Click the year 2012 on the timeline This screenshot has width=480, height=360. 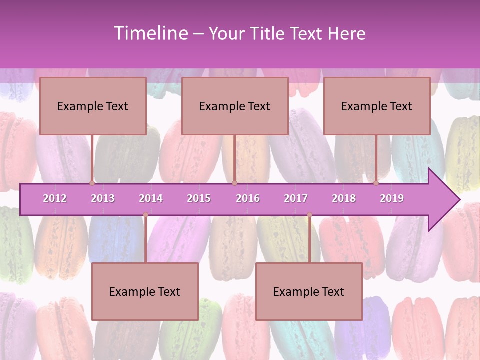tap(55, 198)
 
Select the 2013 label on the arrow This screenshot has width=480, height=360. tap(103, 198)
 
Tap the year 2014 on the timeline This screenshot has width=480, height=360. tap(151, 198)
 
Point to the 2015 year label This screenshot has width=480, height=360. tap(199, 198)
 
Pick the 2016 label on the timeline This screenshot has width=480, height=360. tap(248, 198)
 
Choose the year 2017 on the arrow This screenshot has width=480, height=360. tap(296, 198)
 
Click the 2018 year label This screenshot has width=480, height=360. tap(344, 198)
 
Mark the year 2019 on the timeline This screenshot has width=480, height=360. tap(392, 198)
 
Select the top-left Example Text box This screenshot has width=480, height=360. tap(93, 106)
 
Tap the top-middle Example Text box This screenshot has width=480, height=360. tap(235, 106)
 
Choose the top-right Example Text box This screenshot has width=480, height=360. tap(377, 106)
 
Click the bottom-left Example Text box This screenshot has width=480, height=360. tap(145, 292)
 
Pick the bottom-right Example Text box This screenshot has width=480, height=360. tap(309, 292)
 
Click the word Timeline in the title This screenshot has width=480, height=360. tap(149, 33)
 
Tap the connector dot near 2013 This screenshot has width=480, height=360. tap(92, 183)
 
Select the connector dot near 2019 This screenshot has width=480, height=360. tap(376, 183)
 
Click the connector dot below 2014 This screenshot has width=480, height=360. tap(145, 215)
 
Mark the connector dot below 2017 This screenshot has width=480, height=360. tap(309, 215)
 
